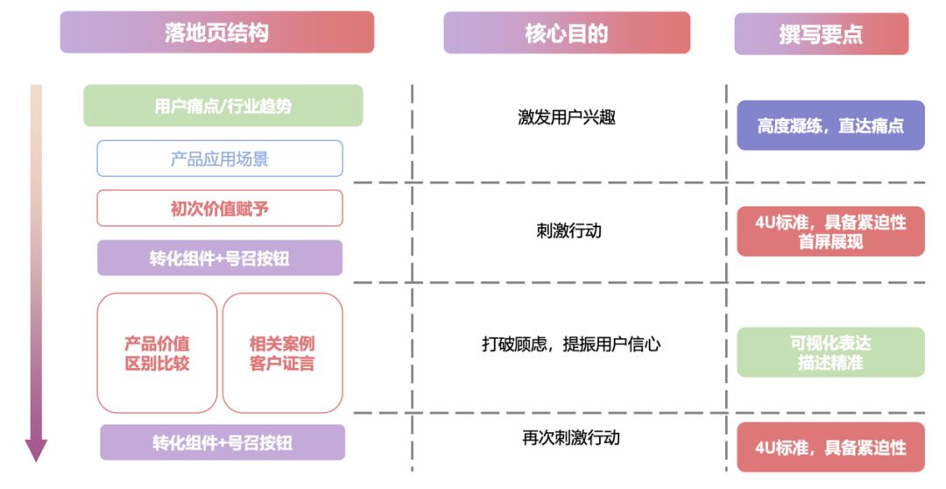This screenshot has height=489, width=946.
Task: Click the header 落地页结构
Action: (x=216, y=32)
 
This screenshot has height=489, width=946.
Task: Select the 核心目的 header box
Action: (x=566, y=33)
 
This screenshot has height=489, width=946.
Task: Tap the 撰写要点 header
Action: (x=821, y=34)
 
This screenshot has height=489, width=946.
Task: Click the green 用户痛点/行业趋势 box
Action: (x=222, y=106)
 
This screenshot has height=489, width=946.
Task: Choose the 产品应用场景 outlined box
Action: (x=219, y=159)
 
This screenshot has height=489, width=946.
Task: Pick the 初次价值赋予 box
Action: (x=219, y=209)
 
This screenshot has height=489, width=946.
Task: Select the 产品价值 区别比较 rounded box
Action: (x=157, y=352)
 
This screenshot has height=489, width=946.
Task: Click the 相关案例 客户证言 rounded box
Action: (x=282, y=352)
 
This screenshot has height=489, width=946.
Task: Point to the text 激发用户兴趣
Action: (x=567, y=117)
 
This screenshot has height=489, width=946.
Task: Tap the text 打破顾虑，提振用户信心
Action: (x=571, y=344)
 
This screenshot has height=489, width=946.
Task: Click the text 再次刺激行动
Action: (x=571, y=437)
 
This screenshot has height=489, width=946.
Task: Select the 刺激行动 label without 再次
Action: (x=569, y=230)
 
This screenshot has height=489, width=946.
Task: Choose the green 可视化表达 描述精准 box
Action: (x=830, y=352)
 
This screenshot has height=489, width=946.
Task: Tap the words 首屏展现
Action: (x=830, y=242)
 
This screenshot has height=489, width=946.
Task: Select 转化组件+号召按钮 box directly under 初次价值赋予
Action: (x=219, y=259)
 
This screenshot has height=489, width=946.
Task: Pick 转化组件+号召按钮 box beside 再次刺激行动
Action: (x=222, y=443)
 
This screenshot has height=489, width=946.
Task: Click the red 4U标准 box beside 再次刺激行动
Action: (x=830, y=448)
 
